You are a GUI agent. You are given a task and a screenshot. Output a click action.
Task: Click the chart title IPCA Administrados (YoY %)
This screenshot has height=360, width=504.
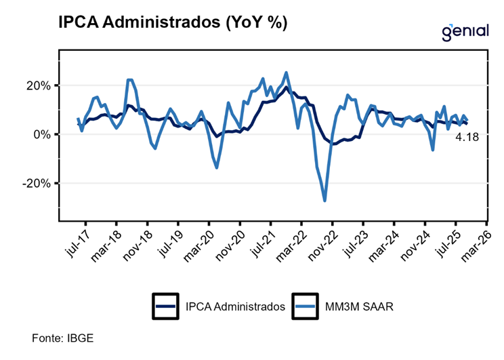click(173, 22)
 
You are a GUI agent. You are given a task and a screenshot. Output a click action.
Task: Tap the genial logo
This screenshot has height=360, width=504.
click(465, 31)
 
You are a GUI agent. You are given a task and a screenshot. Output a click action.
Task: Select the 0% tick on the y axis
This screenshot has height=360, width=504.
click(41, 134)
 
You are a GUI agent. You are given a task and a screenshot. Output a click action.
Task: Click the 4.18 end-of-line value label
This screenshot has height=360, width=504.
click(467, 138)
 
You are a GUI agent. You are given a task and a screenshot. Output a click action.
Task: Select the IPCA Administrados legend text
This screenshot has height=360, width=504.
click(235, 306)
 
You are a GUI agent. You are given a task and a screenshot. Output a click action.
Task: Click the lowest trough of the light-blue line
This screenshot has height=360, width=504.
click(325, 200)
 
